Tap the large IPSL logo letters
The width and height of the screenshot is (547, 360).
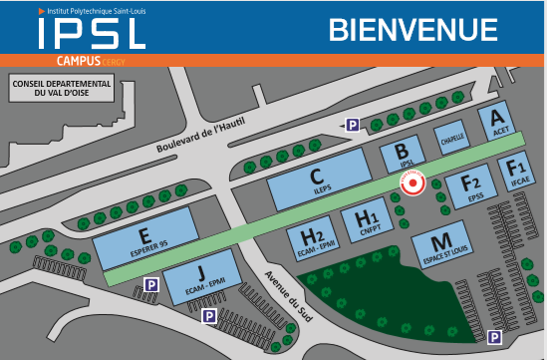coord(92,34)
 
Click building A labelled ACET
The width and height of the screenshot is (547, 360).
coord(499,123)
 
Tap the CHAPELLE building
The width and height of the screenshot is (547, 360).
coord(453,140)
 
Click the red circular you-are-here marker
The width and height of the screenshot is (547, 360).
coord(411,182)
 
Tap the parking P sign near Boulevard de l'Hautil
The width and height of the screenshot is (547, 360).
coord(352,125)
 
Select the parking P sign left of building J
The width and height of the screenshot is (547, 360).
coord(150,285)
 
